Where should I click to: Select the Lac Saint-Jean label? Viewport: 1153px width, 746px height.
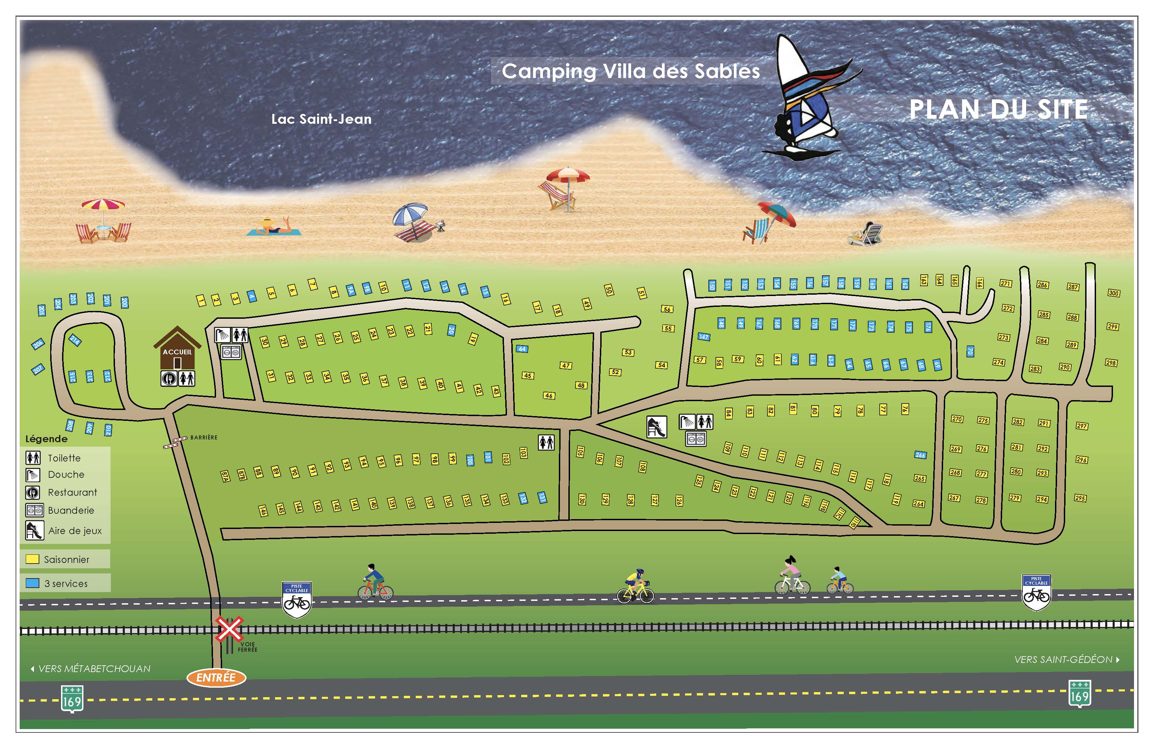321,119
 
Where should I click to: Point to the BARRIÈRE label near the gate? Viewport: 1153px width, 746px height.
203,437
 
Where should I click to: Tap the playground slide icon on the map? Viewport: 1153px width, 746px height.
657,427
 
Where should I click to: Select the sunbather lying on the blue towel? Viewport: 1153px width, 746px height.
274,227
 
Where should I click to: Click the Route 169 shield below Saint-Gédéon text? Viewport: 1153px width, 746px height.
1080,694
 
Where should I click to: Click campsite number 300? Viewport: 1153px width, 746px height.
1114,293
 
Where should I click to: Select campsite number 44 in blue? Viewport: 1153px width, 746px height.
522,349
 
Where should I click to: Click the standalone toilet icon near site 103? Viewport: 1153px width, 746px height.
546,442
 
